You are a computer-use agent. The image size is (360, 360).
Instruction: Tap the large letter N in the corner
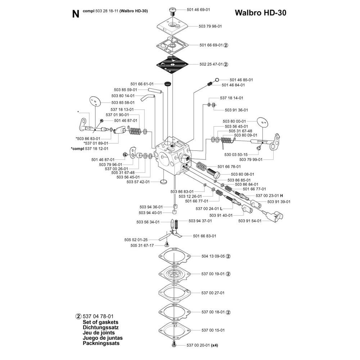pyautogui.click(x=75, y=14)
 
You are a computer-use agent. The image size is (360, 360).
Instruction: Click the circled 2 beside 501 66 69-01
pyautogui.click(x=226, y=45)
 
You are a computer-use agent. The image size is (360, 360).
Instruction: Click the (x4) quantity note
pyautogui.click(x=215, y=345)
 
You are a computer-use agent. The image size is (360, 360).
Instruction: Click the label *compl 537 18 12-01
pyautogui.click(x=90, y=148)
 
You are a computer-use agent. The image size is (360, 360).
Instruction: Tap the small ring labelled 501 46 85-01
pyautogui.click(x=217, y=80)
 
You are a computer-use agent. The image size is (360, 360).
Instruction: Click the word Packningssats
pyautogui.click(x=96, y=343)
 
